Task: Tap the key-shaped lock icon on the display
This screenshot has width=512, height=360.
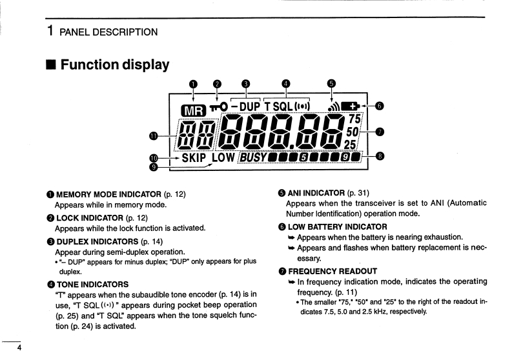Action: tap(218, 106)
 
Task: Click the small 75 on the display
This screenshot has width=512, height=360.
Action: tap(354, 119)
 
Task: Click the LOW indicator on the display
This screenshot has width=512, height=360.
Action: tap(224, 157)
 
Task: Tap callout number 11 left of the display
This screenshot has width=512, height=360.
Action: tap(152, 135)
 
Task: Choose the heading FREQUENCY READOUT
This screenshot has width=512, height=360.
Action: tap(332, 271)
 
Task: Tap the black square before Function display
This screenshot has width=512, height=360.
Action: tap(50, 65)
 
